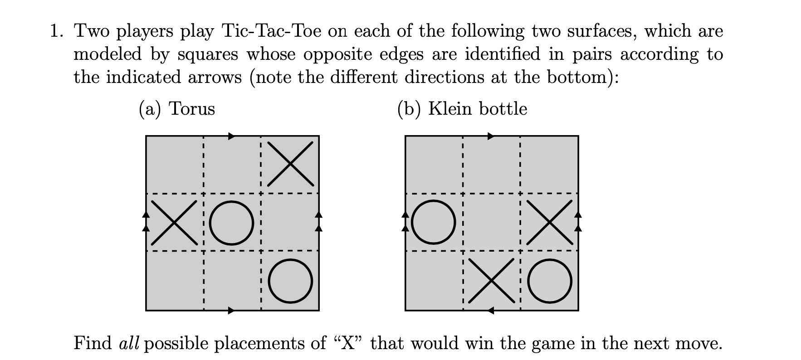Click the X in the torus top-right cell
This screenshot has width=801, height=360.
[290, 164]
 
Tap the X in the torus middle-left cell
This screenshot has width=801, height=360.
[174, 222]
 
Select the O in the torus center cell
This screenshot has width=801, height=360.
[232, 222]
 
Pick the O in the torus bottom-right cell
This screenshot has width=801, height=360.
[290, 281]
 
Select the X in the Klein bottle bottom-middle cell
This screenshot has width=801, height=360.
[492, 281]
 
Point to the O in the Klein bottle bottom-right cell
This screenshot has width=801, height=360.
[550, 281]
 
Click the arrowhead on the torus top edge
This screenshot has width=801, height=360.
[232, 136]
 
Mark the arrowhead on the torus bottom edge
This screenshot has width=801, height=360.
[232, 311]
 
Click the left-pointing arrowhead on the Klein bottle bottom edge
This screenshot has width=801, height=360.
[491, 311]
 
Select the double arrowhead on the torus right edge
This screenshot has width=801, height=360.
[319, 221]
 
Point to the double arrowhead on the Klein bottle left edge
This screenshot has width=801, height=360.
[405, 221]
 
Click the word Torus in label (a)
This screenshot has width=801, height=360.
[191, 109]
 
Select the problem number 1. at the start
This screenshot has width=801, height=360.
[57, 31]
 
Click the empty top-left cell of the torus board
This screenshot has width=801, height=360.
[174, 164]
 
